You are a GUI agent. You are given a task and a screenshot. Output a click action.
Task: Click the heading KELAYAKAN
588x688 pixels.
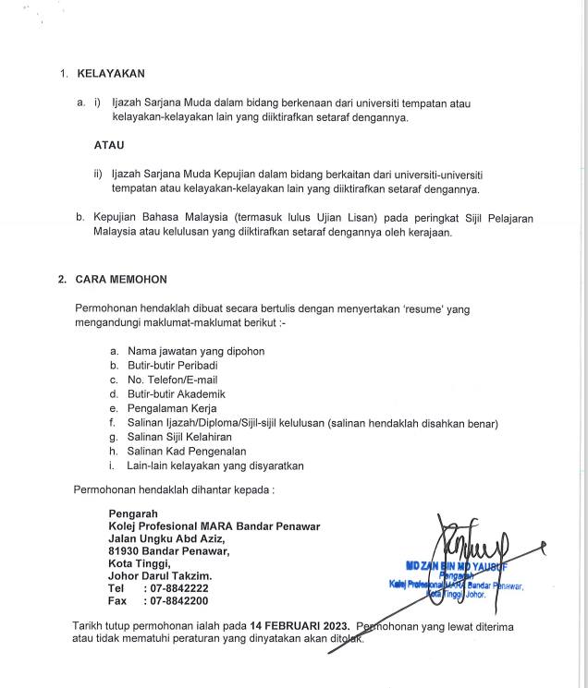tap(110, 73)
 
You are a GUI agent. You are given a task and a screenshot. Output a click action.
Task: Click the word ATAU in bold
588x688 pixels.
tap(109, 146)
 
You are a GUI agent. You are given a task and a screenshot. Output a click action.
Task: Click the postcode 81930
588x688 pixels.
tap(124, 551)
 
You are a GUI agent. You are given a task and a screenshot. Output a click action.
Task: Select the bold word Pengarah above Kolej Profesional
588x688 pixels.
tap(133, 513)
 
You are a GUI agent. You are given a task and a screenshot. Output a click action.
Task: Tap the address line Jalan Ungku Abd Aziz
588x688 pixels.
tap(166, 538)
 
